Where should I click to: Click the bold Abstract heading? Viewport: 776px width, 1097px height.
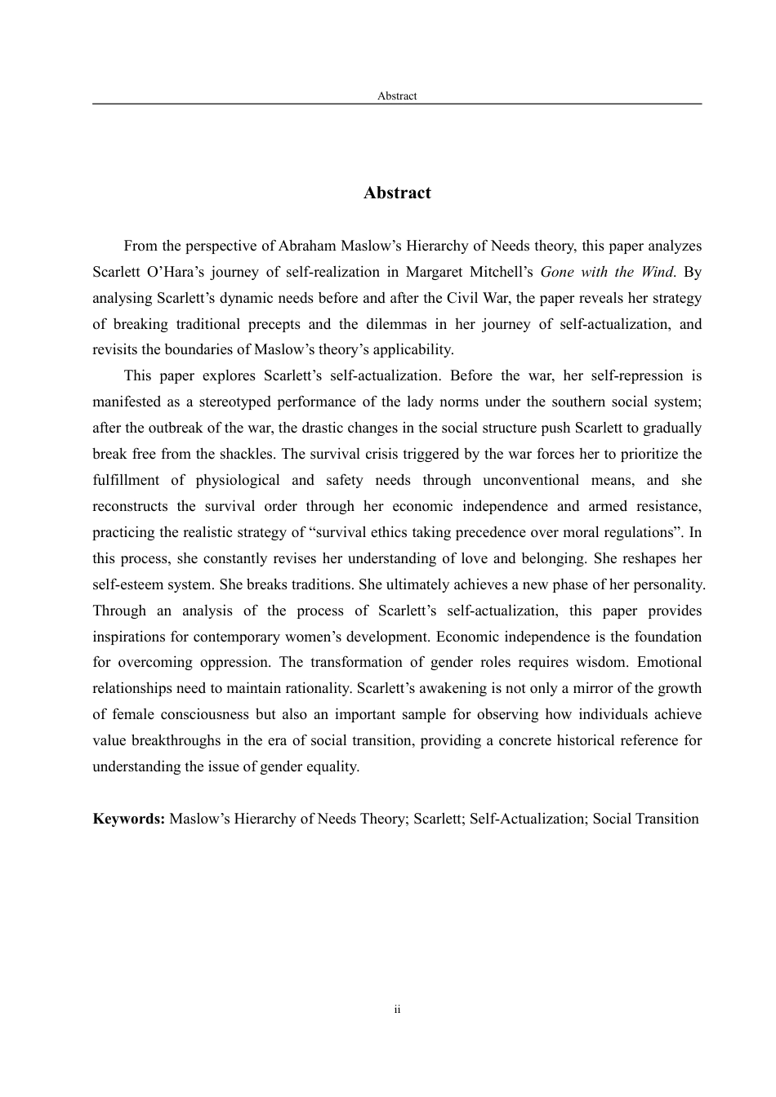coord(397,193)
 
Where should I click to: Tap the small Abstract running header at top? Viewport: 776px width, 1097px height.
coord(397,96)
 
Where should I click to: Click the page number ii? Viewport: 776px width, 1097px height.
coord(397,1010)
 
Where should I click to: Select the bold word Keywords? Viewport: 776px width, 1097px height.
coord(129,819)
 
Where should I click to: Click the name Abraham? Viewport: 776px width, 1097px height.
coord(306,246)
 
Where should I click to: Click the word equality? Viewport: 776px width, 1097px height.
coord(331,766)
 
